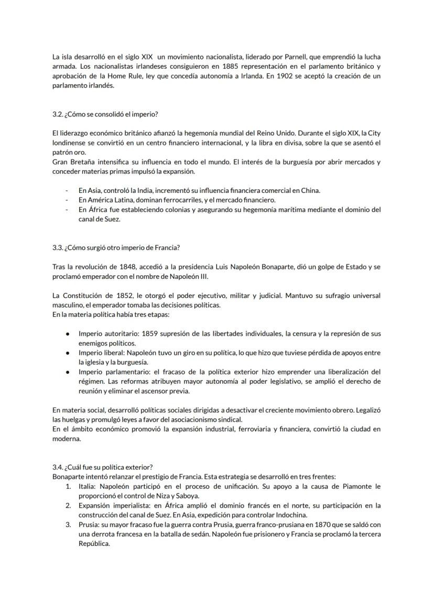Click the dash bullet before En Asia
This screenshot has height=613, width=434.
[67, 190]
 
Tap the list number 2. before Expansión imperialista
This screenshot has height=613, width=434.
[68, 506]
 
